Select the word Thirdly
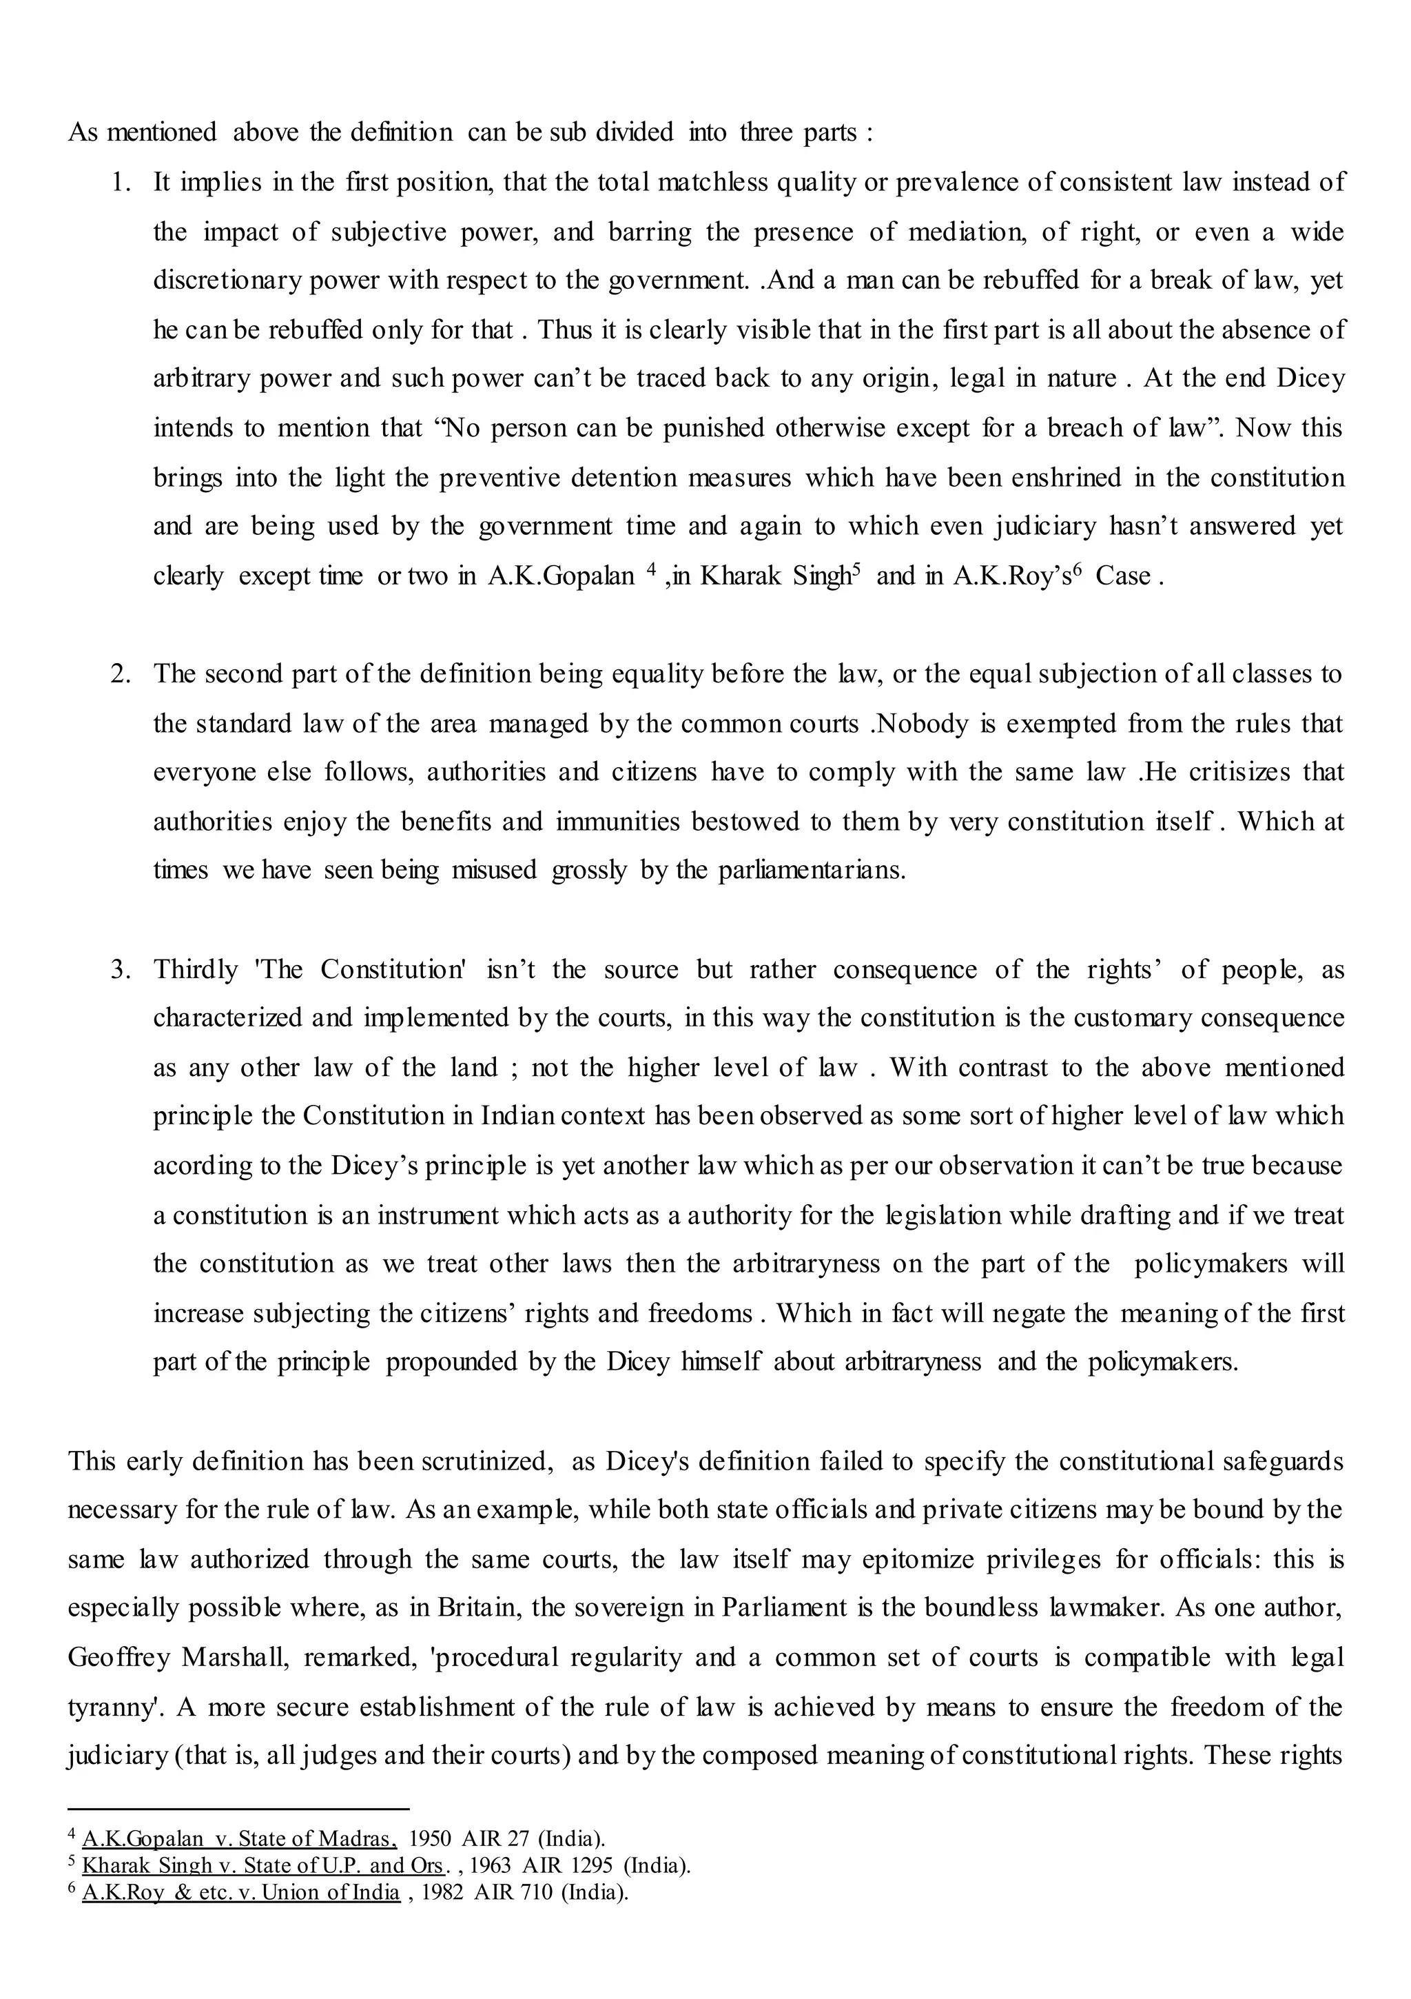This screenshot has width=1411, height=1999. click(196, 969)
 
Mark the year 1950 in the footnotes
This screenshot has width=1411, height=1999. click(429, 1839)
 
